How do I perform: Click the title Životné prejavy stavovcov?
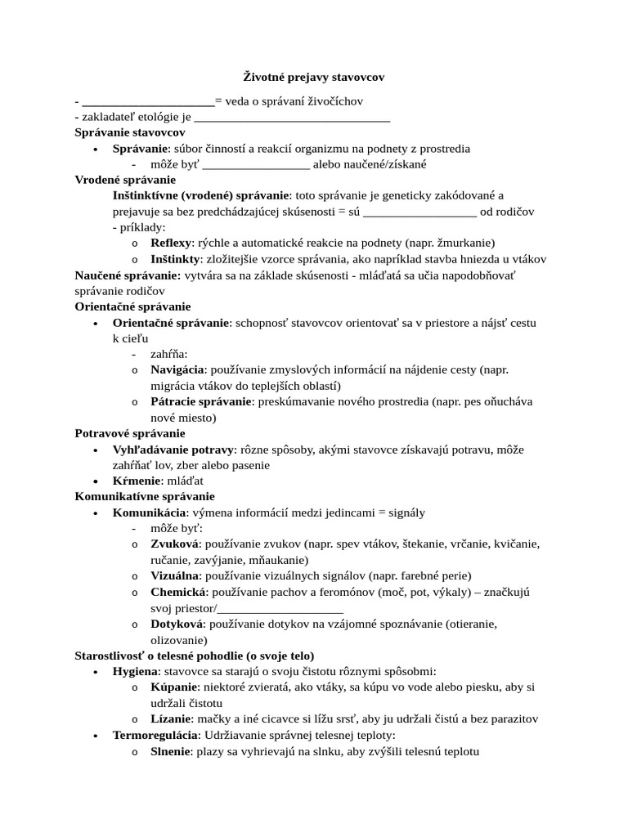[314, 77]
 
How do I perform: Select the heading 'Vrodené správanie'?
[125, 180]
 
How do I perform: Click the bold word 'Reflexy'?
[171, 243]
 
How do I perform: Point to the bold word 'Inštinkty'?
[175, 259]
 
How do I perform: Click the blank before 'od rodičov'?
[419, 213]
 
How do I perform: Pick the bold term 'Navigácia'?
[177, 369]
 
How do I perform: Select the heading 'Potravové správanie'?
[130, 433]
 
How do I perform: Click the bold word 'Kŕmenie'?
[136, 481]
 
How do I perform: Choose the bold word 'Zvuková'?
[174, 544]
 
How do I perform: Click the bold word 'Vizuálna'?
[175, 575]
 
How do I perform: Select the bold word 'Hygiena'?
[135, 671]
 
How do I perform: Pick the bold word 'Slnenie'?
[170, 751]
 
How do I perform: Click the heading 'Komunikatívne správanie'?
[145, 496]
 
